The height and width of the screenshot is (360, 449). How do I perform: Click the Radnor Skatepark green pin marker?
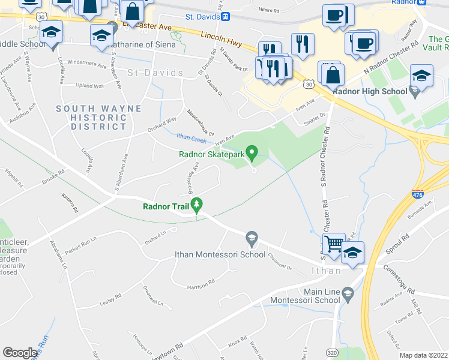[253, 154]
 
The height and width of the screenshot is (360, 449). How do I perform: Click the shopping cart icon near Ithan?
[334, 244]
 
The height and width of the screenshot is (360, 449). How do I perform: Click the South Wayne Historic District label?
[99, 118]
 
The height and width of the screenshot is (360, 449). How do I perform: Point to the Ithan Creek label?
[191, 138]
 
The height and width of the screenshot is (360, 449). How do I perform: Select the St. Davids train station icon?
[224, 16]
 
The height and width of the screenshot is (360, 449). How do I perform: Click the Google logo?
[20, 353]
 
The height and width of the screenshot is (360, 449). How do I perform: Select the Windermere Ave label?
[86, 62]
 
